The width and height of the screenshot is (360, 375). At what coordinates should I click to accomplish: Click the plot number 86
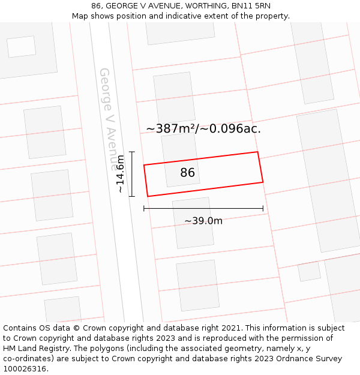click(x=187, y=173)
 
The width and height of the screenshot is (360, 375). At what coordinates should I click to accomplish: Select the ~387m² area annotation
click(x=203, y=128)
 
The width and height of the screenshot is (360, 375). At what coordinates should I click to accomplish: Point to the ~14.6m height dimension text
click(x=121, y=174)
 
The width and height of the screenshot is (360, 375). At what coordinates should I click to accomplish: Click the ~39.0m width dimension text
click(x=203, y=221)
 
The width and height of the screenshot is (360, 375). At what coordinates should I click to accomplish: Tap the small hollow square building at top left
click(x=22, y=46)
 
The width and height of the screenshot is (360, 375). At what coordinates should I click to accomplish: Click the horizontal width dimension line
click(x=203, y=209)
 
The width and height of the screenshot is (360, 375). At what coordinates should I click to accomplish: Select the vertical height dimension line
click(x=132, y=174)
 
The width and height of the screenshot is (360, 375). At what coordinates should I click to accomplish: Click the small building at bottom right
click(x=309, y=271)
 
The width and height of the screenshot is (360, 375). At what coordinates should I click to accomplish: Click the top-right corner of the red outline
click(x=257, y=152)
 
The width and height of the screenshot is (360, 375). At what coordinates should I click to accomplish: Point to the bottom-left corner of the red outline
click(x=148, y=196)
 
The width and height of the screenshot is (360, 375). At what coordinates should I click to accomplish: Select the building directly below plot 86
click(x=193, y=223)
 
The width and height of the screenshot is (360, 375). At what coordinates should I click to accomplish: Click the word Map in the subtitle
click(x=80, y=16)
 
